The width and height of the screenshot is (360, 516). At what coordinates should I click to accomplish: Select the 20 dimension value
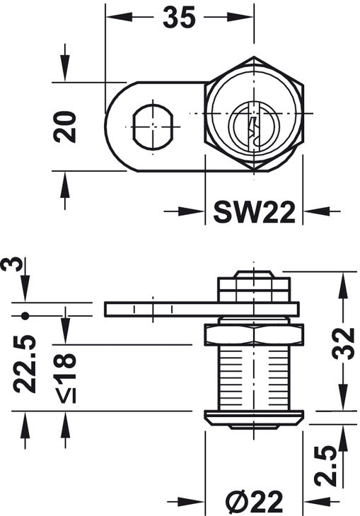[65, 127]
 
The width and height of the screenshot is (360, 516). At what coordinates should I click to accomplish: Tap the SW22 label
[254, 212]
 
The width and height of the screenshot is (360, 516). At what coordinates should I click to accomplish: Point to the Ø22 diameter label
[255, 502]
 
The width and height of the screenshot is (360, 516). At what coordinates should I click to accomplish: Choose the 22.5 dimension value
[24, 364]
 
